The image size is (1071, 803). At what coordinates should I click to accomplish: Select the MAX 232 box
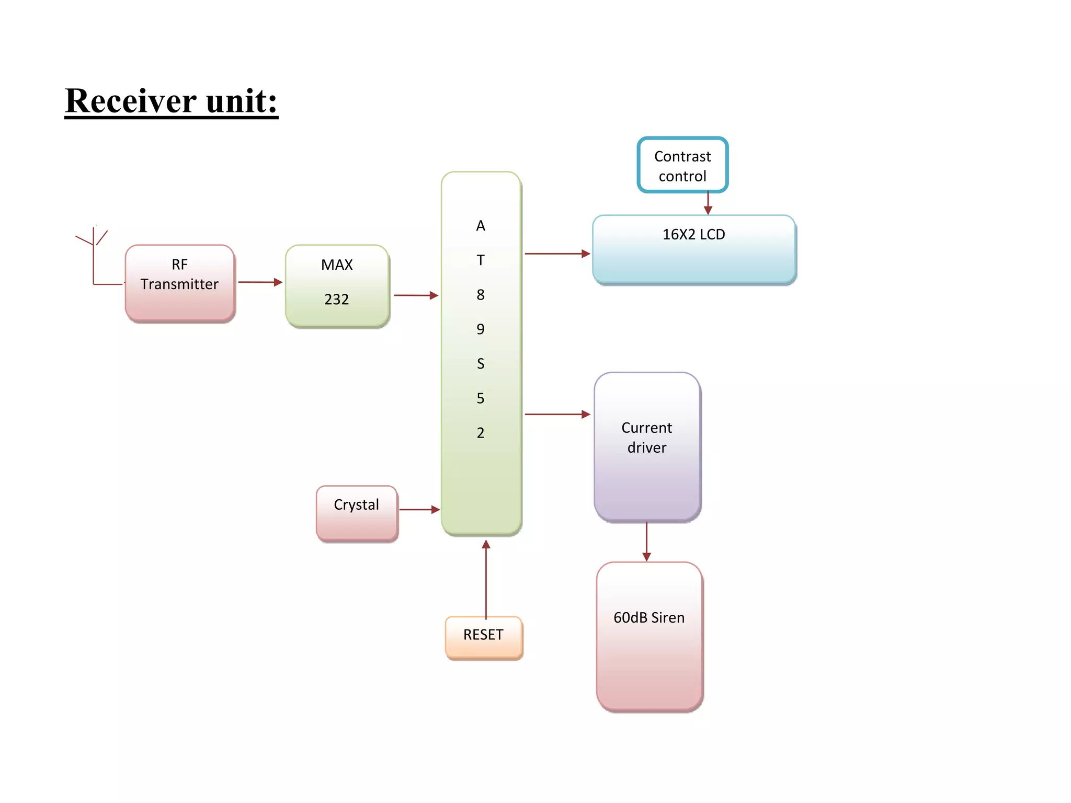click(x=337, y=285)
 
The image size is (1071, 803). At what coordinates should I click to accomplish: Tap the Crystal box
click(x=357, y=513)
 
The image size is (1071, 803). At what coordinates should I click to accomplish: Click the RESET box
click(x=484, y=637)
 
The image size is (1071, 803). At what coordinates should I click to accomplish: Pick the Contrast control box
click(x=682, y=165)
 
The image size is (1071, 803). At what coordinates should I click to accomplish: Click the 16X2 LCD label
click(x=693, y=235)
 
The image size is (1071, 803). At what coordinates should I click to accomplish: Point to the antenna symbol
click(x=93, y=246)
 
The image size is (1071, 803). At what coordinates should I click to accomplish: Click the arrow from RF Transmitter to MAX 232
click(x=260, y=282)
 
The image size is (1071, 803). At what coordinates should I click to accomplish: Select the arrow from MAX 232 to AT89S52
click(x=416, y=295)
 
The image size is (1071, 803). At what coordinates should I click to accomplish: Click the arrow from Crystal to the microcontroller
click(x=419, y=509)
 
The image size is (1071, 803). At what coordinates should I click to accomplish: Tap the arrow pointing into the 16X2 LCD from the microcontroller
click(x=557, y=254)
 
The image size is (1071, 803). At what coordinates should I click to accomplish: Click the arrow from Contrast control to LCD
click(x=708, y=203)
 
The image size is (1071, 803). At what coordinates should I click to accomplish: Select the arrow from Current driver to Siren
click(x=646, y=542)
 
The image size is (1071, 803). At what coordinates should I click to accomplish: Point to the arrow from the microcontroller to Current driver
click(x=557, y=414)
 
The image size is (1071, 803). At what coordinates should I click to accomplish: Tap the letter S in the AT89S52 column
click(x=481, y=364)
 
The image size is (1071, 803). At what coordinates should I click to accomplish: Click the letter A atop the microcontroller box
click(x=481, y=226)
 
